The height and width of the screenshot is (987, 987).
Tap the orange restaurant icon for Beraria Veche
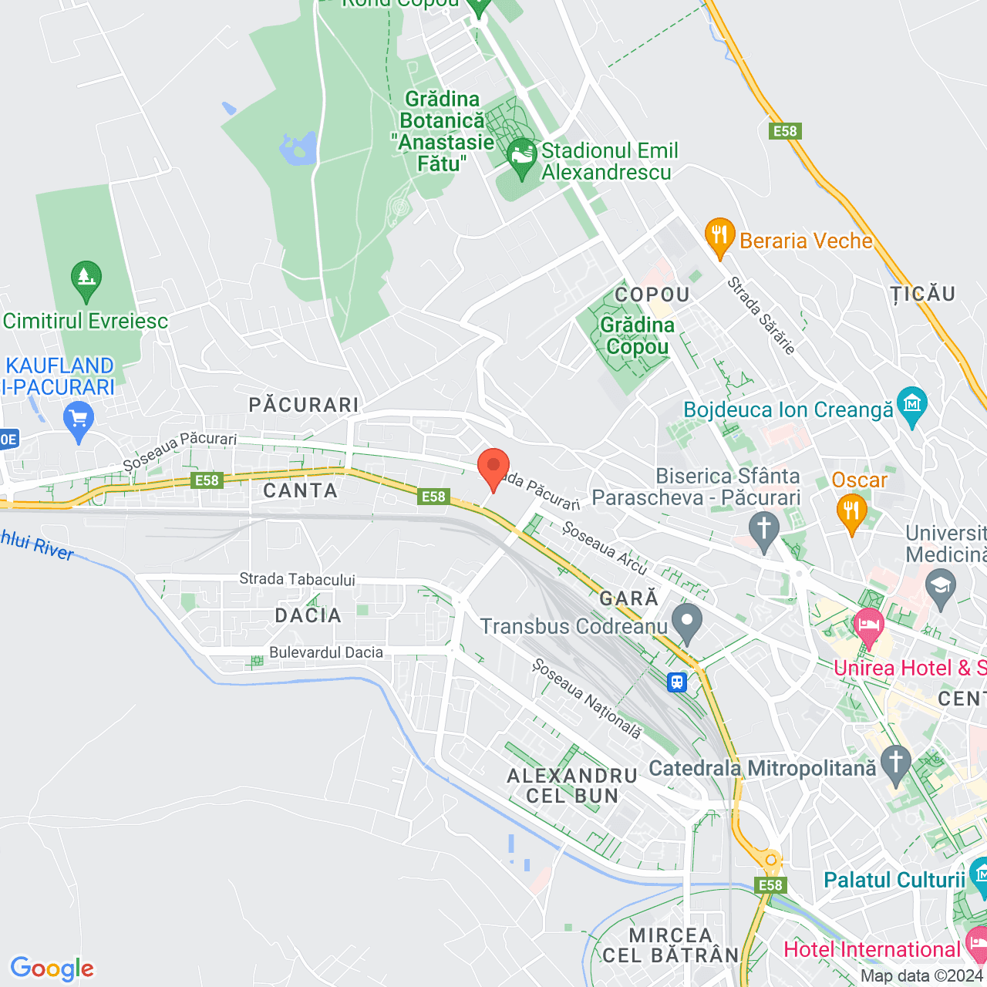tap(719, 237)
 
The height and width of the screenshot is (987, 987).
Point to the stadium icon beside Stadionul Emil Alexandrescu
tap(522, 157)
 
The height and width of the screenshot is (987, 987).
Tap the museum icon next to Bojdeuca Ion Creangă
tap(912, 406)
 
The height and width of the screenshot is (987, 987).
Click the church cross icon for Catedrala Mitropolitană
tap(894, 763)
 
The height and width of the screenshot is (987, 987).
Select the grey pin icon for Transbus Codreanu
tap(686, 622)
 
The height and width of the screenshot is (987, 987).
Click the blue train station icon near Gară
tap(677, 682)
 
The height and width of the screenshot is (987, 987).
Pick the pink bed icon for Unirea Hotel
tap(869, 625)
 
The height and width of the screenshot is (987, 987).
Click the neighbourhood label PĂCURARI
tap(304, 405)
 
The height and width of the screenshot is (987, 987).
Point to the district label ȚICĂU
tap(923, 294)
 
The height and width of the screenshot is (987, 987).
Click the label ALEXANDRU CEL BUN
tap(572, 786)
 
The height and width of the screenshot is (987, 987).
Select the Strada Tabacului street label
tap(297, 579)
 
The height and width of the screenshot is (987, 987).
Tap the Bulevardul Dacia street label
tap(326, 652)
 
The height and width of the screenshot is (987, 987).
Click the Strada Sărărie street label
tap(761, 315)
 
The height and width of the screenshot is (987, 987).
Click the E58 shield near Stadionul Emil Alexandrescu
tap(785, 131)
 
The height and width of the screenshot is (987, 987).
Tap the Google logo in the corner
tap(52, 968)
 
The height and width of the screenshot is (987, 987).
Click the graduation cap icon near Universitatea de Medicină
tap(941, 588)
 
